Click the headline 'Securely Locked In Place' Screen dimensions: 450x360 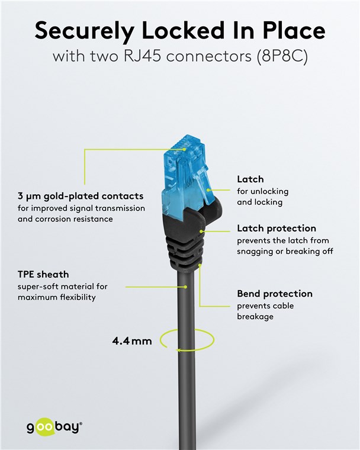pyautogui.click(x=179, y=30)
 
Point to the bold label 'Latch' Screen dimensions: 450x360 pyautogui.click(x=250, y=179)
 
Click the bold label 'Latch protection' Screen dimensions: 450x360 pyautogui.click(x=277, y=228)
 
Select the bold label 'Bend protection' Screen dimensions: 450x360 pyautogui.click(x=275, y=294)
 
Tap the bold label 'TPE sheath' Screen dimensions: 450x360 pyautogui.click(x=43, y=274)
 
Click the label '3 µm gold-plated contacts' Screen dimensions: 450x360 pyautogui.click(x=81, y=195)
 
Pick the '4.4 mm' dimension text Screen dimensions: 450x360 pyautogui.click(x=132, y=341)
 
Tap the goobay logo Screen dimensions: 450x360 pyautogui.click(x=54, y=426)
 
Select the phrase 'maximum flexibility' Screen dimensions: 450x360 pyautogui.click(x=57, y=297)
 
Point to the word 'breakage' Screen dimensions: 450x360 pyautogui.click(x=255, y=317)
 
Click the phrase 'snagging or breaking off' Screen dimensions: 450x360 pyautogui.click(x=285, y=251)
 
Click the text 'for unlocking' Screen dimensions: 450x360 pyautogui.click(x=262, y=191)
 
